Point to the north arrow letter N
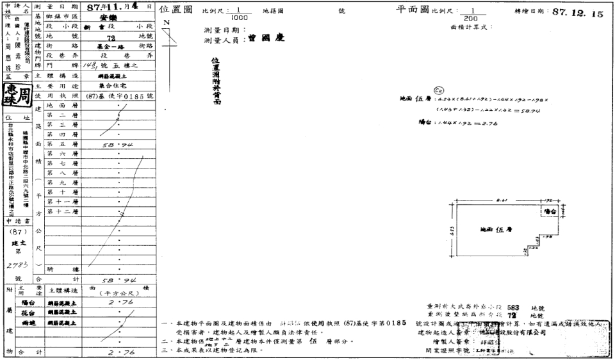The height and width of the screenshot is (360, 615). [167, 23]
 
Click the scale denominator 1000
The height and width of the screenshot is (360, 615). [234, 17]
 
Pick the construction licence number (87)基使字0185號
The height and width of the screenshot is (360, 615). [120, 95]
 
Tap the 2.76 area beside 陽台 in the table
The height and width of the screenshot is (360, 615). [119, 301]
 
